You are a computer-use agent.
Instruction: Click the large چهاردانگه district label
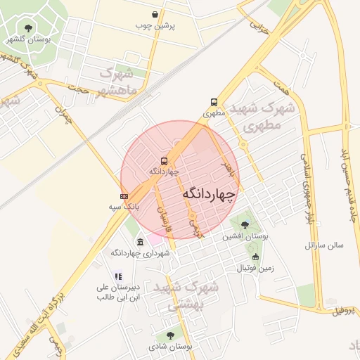210,193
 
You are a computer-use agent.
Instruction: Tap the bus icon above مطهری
214,101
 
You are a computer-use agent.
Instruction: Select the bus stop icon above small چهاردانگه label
164,160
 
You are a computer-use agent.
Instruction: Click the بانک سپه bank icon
124,196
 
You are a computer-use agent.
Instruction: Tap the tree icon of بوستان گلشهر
28,29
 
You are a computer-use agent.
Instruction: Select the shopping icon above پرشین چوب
155,14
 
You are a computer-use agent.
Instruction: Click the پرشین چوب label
155,25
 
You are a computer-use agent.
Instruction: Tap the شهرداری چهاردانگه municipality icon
140,242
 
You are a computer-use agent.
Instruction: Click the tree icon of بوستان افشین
244,225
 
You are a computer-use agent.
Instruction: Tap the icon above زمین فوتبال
255,257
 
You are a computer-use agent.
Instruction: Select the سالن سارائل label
323,245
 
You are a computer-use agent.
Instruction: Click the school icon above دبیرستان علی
118,276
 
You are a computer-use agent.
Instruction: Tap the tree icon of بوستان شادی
169,335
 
